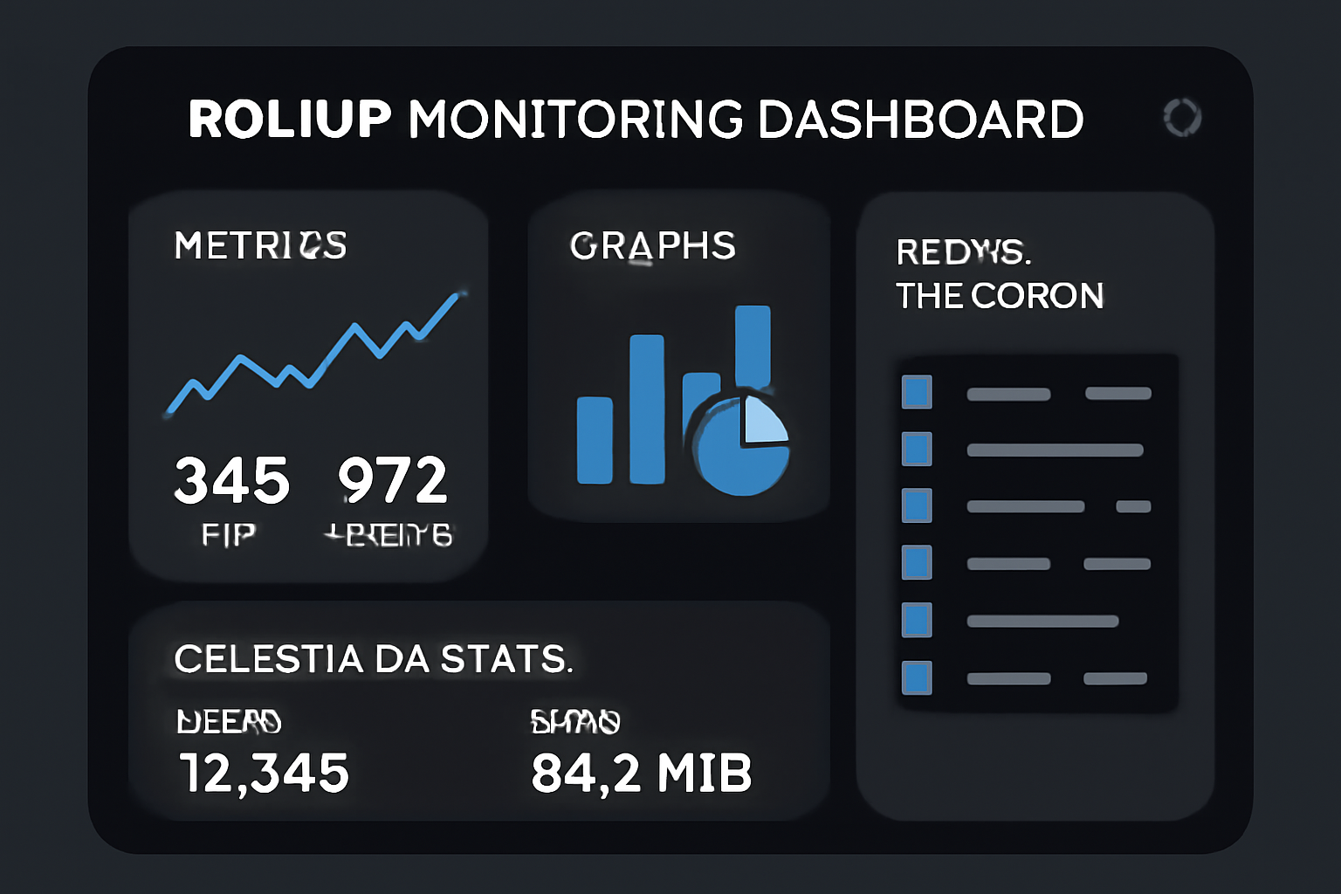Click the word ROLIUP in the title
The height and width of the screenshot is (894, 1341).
coord(290,120)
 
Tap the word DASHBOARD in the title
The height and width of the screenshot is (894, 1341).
coord(920,120)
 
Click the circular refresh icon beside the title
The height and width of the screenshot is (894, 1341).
coord(1182,117)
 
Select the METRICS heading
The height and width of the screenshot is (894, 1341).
coord(260,245)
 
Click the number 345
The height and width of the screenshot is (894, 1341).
coord(231,480)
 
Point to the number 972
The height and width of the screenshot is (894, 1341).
coord(392,480)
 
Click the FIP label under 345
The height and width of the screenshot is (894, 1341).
coord(228,534)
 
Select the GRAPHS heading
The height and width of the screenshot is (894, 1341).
coord(652,246)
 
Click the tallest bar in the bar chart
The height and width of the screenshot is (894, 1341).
coord(753,346)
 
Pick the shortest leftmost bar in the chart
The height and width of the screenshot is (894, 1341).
coord(595,440)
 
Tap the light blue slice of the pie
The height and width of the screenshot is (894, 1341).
coord(763,419)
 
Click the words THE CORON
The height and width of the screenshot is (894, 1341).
coord(1000,296)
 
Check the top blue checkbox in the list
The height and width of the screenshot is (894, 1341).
coord(917,392)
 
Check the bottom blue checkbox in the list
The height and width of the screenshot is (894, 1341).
coord(917,678)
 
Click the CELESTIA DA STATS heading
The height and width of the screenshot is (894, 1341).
coord(373,658)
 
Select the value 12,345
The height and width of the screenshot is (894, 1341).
coord(264,774)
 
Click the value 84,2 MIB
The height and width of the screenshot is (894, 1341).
coord(641,774)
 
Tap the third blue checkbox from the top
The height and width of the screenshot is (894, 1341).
coord(917,505)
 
